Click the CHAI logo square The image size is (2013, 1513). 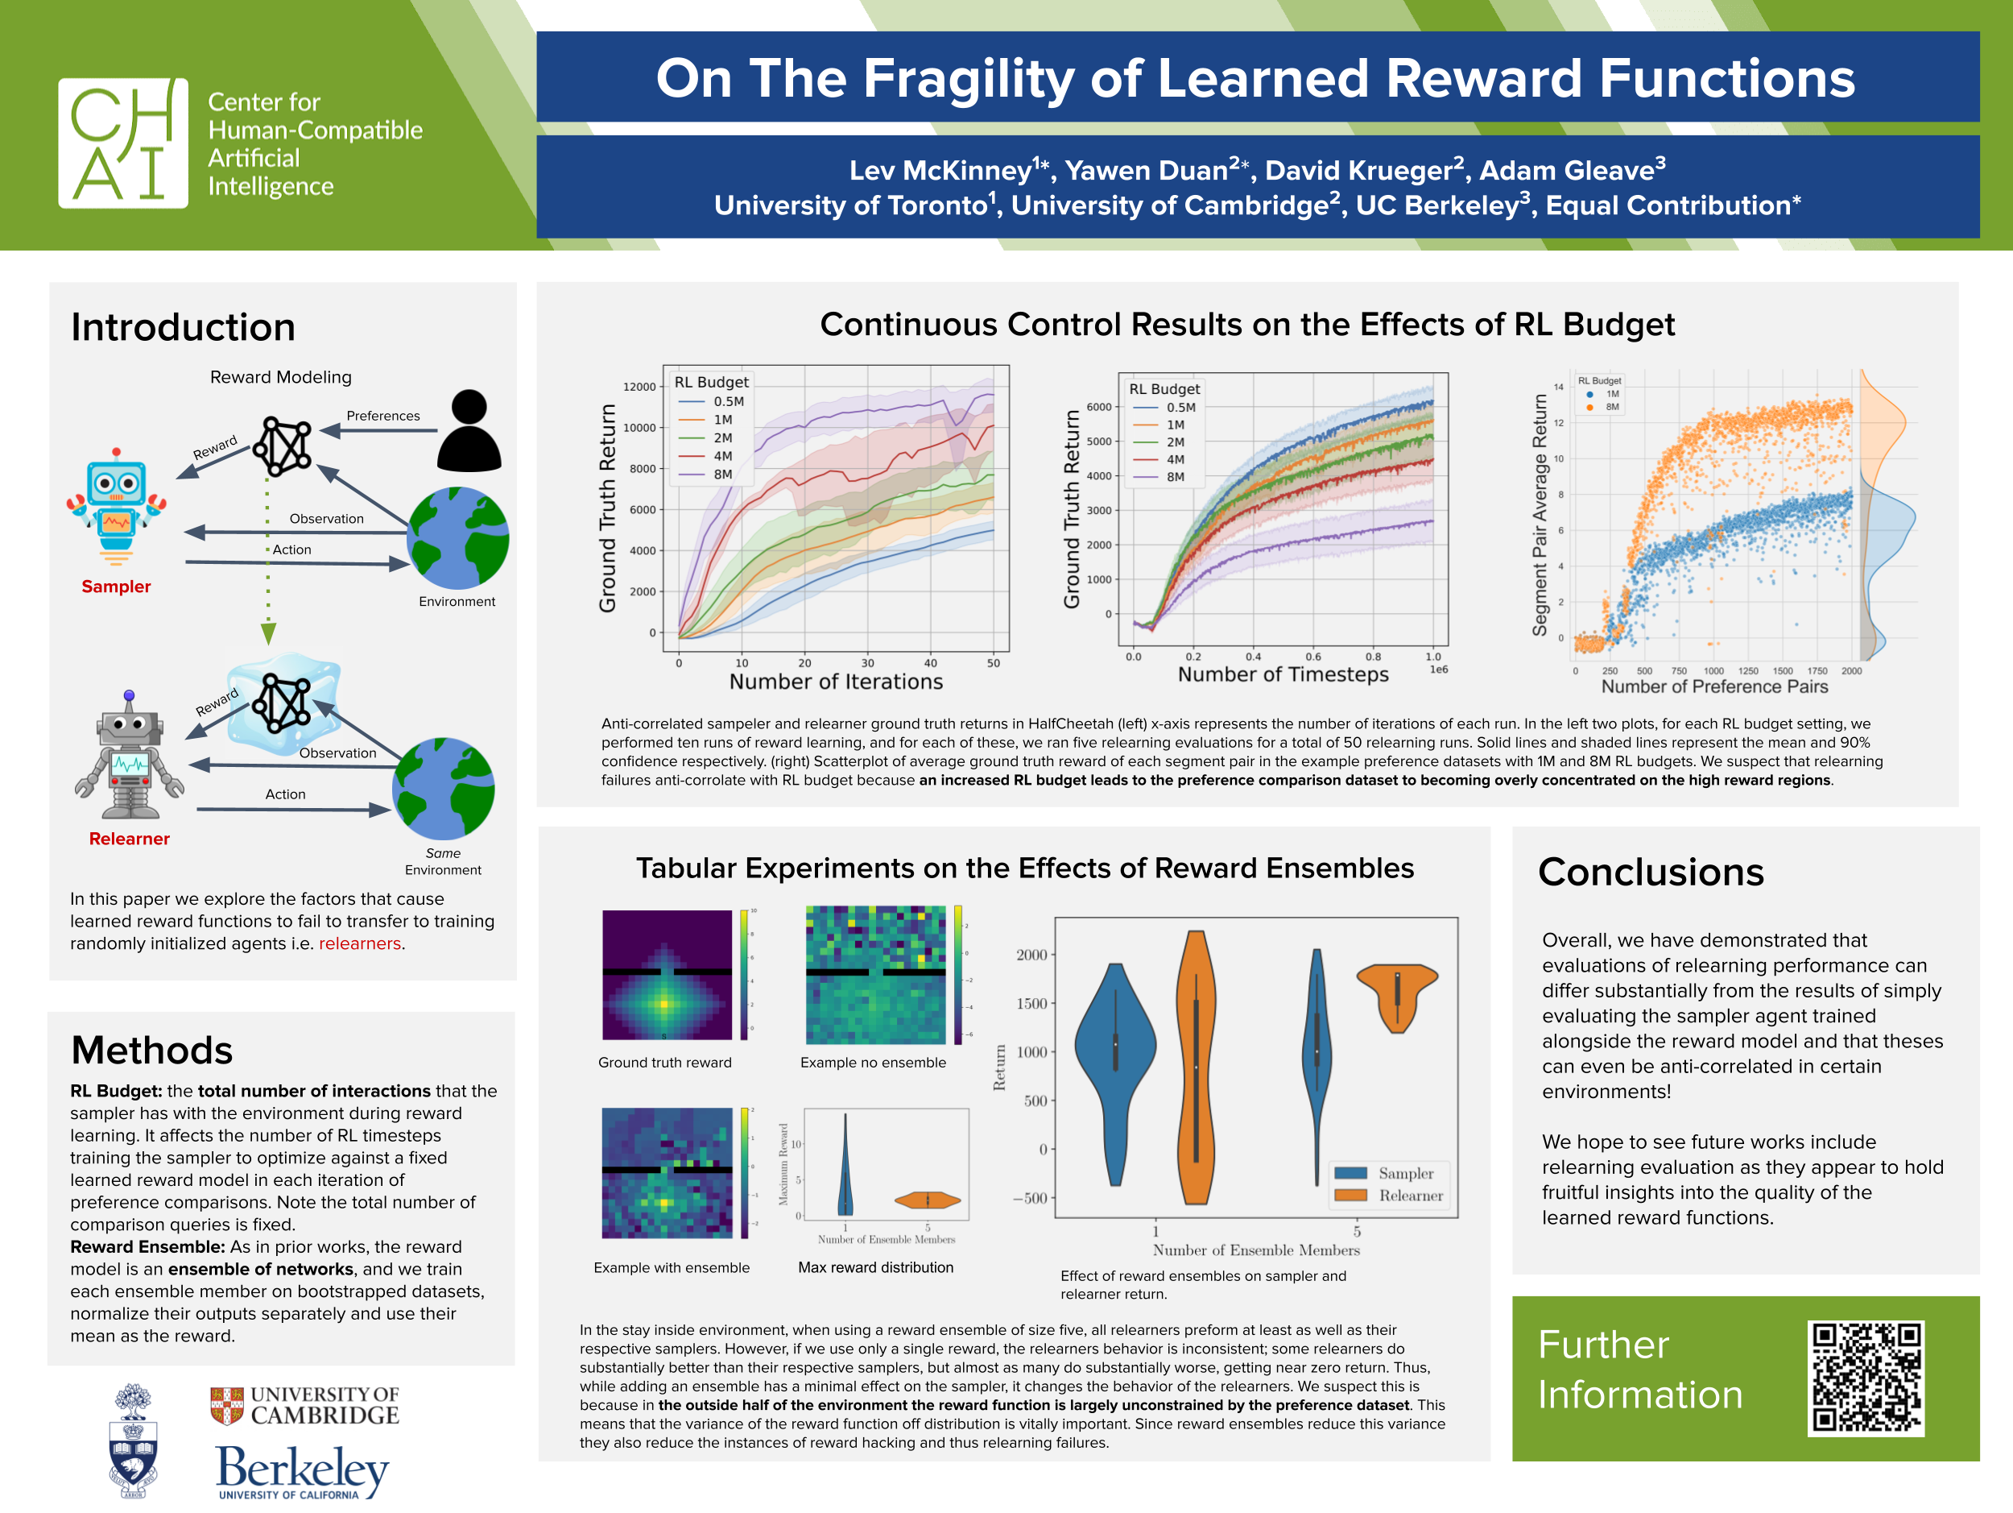(123, 143)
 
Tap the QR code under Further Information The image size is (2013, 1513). (1866, 1378)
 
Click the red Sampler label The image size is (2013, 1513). (117, 587)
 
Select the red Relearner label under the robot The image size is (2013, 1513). (129, 839)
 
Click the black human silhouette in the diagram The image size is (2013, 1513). (469, 430)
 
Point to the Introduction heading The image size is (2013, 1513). (183, 327)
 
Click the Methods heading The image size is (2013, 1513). (152, 1050)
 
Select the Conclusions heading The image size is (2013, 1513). (1650, 873)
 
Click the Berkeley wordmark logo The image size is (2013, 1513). (302, 1469)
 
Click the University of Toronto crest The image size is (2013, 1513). (133, 1440)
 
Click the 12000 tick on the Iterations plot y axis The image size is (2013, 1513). (639, 387)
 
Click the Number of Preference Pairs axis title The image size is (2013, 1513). (1713, 686)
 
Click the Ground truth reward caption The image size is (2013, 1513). (664, 1063)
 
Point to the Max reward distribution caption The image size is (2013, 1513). (875, 1267)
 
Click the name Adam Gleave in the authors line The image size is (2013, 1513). (1572, 170)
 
